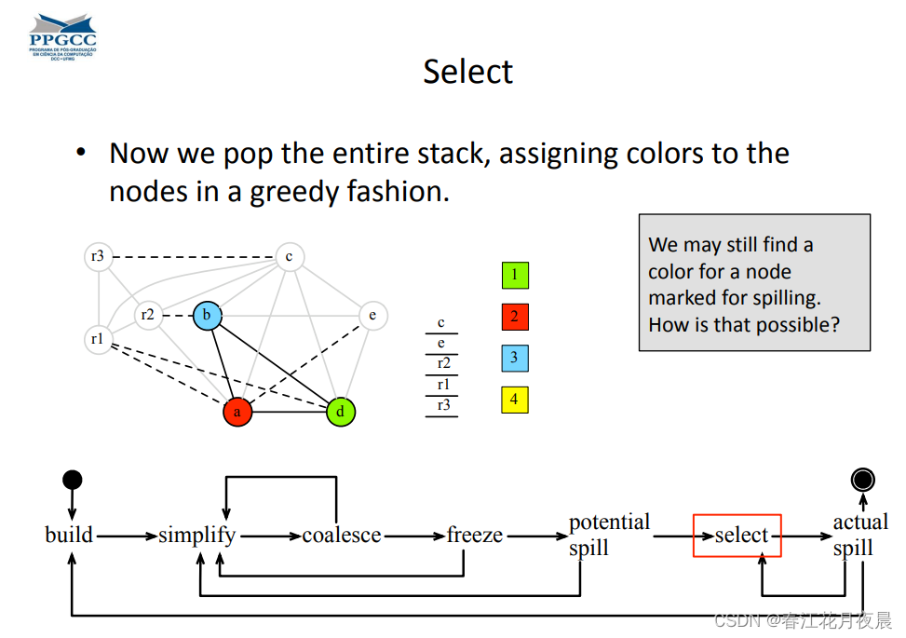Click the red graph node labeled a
(237, 411)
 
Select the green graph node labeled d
(342, 411)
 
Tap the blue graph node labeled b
(207, 316)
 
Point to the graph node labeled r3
(98, 256)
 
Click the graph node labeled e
(372, 316)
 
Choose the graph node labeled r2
(148, 316)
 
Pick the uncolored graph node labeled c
(290, 256)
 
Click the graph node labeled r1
(98, 340)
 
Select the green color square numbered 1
(514, 275)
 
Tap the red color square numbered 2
(514, 317)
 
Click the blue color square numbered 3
(514, 358)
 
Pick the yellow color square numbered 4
(514, 400)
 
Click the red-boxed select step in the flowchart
(737, 536)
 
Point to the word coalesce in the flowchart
(342, 536)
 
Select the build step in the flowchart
(69, 535)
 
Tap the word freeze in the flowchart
(475, 536)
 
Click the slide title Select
(467, 72)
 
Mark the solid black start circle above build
(72, 480)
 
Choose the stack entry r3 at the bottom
(442, 405)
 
